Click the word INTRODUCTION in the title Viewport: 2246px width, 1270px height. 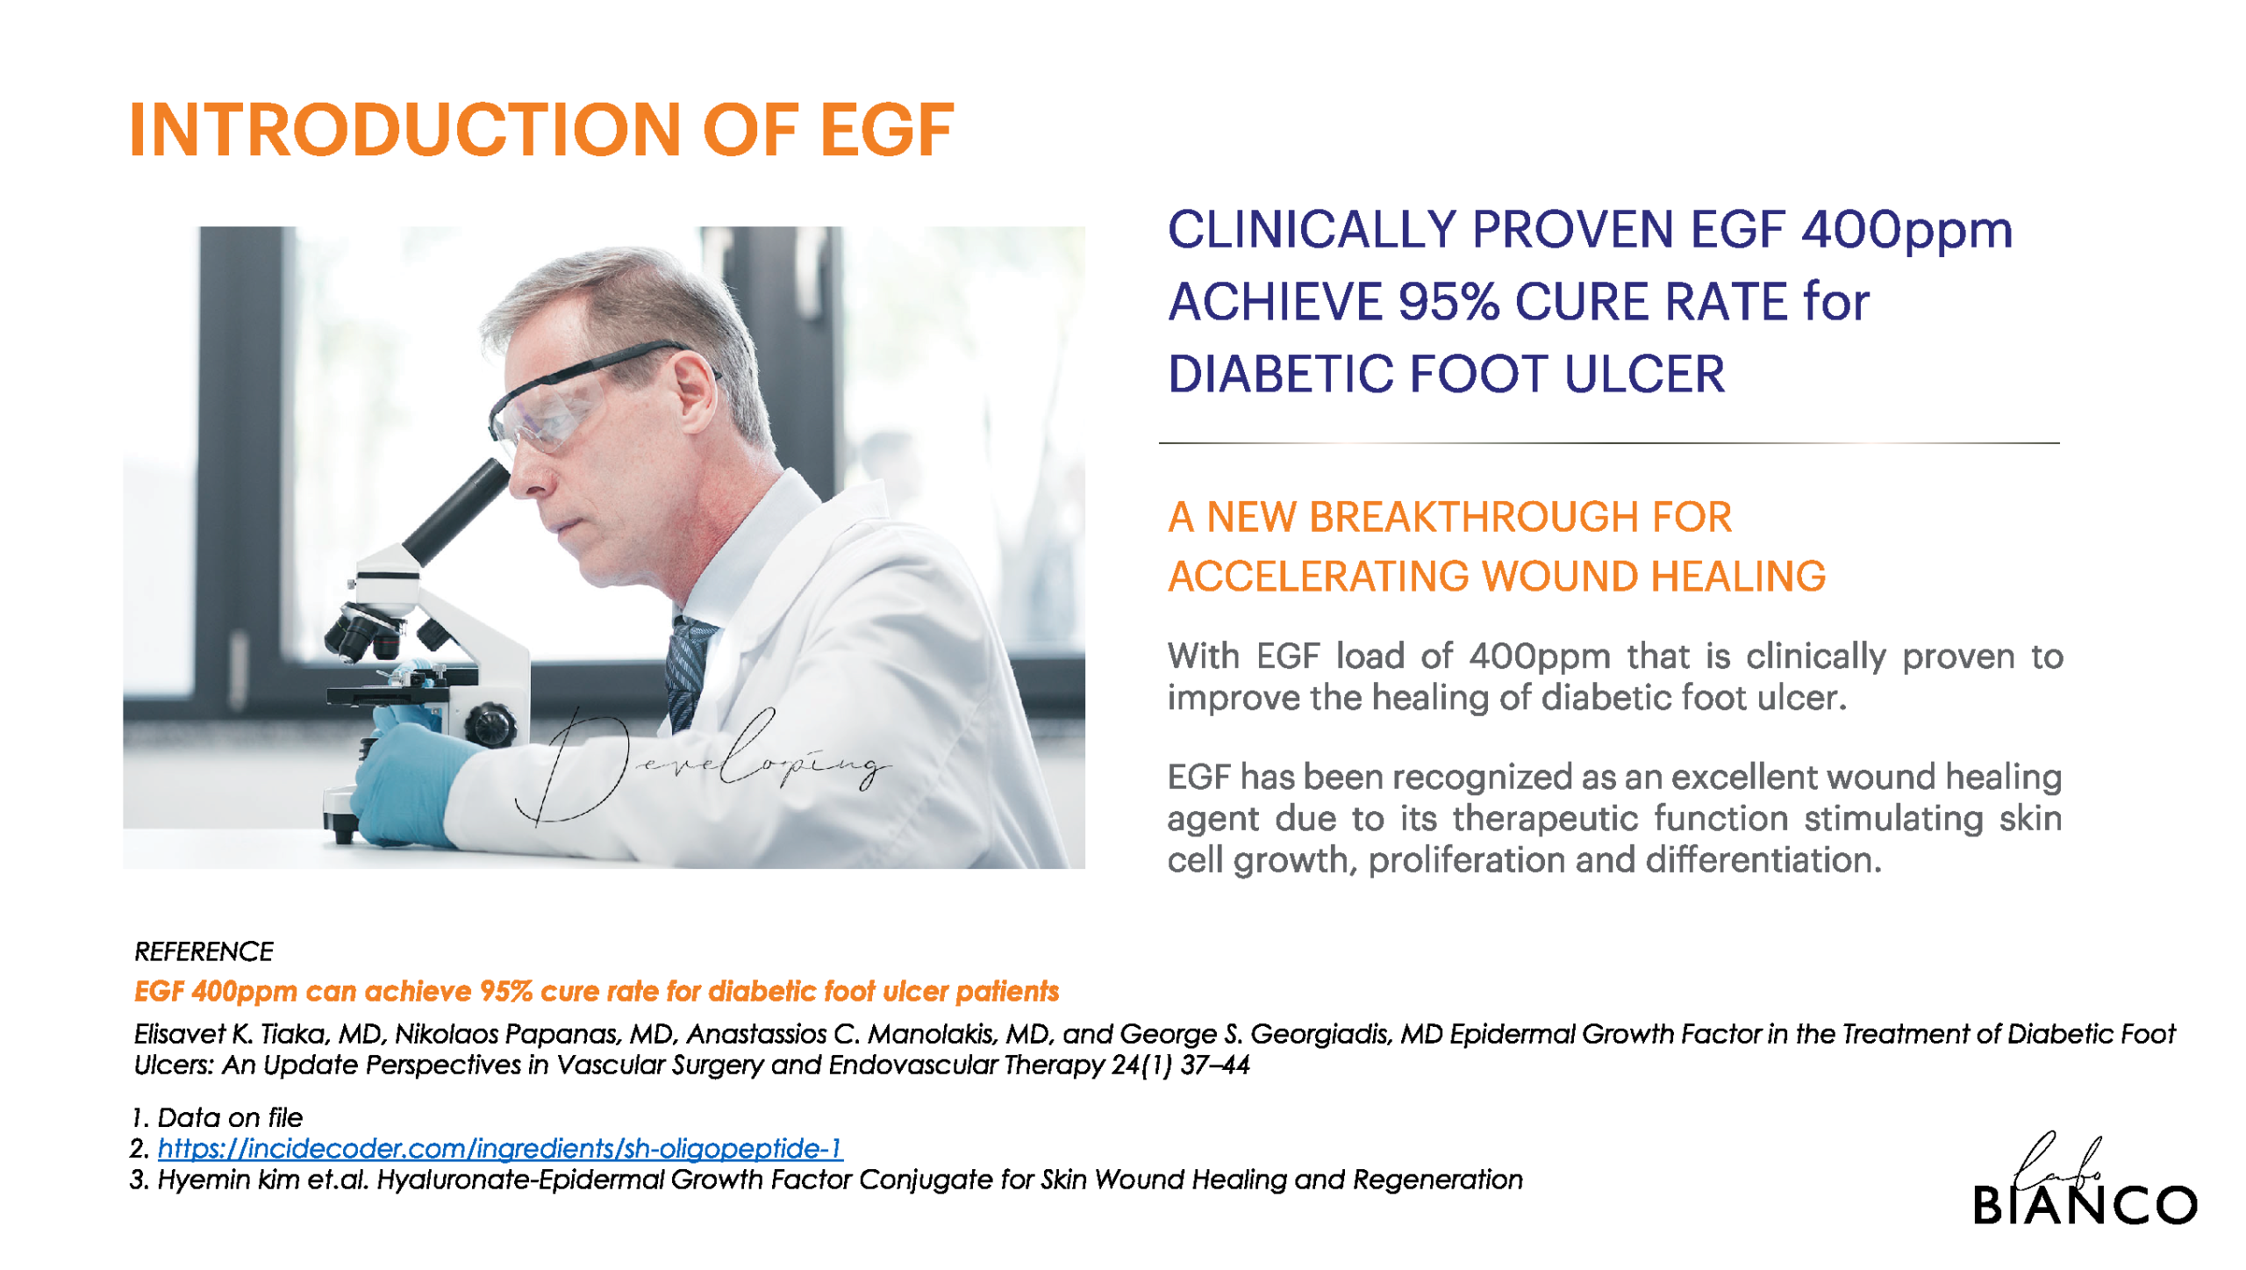click(404, 130)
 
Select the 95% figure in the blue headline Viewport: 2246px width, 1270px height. click(1448, 302)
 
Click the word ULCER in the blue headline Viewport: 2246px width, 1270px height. click(1644, 374)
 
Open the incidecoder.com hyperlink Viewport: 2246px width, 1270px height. click(500, 1149)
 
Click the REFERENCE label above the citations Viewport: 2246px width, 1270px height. click(204, 951)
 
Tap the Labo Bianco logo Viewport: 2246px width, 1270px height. click(2085, 1180)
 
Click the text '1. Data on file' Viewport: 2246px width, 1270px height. click(217, 1118)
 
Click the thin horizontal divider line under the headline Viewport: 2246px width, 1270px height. click(1609, 443)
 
